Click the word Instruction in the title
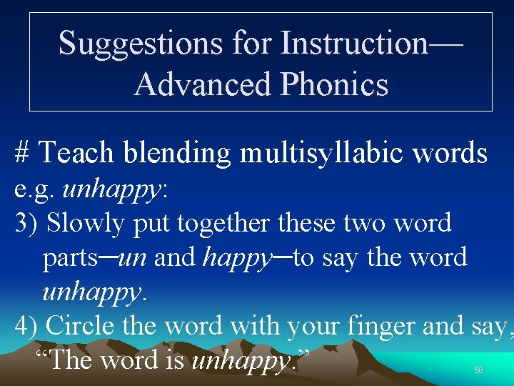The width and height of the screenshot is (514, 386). (x=353, y=43)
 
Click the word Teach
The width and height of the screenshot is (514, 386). (x=76, y=153)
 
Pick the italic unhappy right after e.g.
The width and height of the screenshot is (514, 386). (x=113, y=189)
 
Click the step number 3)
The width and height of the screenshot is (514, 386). (x=27, y=223)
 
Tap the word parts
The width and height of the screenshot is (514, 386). (x=70, y=257)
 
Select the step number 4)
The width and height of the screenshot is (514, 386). (x=27, y=326)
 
